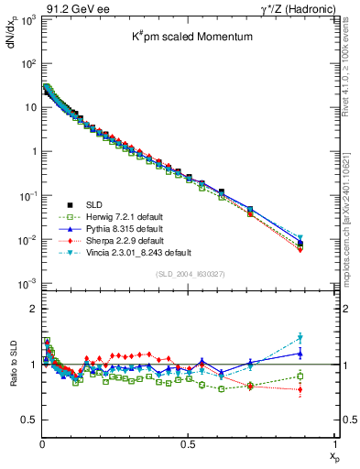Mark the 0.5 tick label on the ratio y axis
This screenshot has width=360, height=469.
29,420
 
